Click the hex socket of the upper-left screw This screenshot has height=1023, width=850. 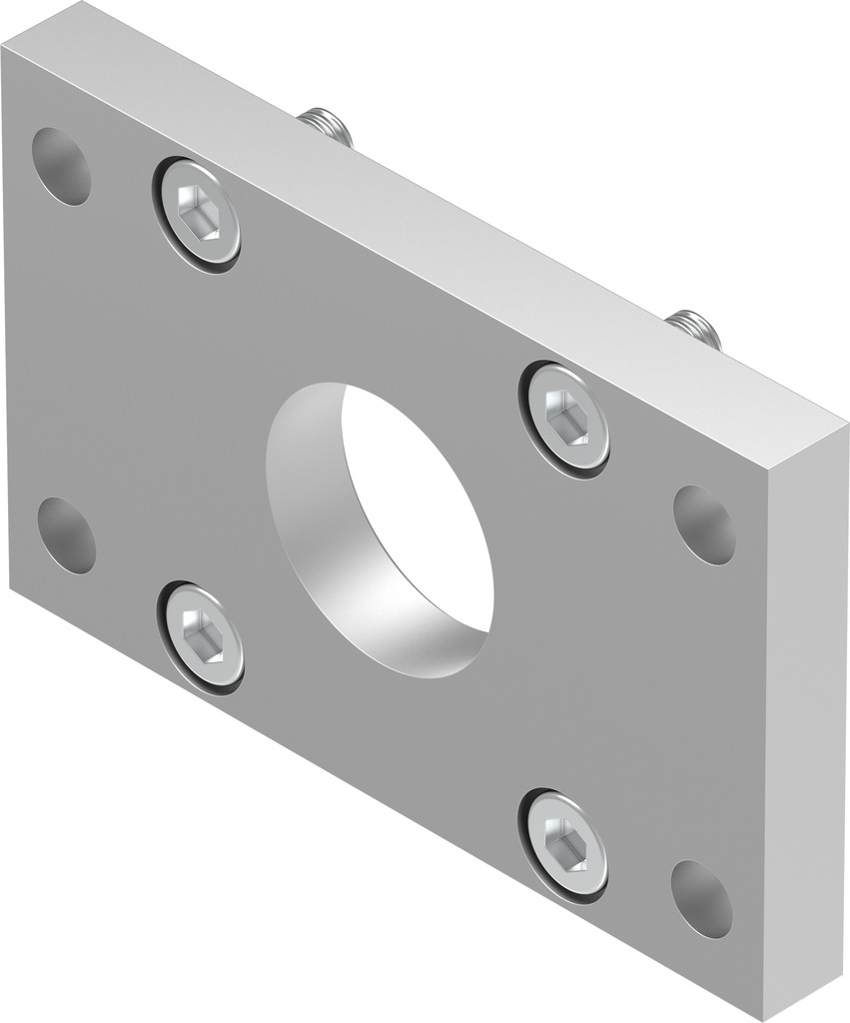click(x=195, y=212)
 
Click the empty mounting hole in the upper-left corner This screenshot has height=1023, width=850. click(x=61, y=166)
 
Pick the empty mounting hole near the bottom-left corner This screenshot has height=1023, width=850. click(x=66, y=535)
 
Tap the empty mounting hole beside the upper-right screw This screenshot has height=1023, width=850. click(x=704, y=524)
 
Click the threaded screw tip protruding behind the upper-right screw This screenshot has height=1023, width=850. click(x=694, y=329)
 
